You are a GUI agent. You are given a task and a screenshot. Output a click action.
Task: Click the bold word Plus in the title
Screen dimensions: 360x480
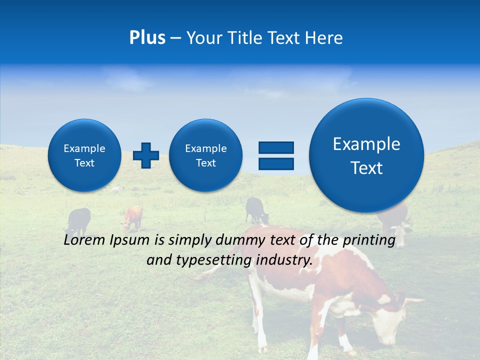147,38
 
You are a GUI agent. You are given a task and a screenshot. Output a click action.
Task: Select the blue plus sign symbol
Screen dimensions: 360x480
146,155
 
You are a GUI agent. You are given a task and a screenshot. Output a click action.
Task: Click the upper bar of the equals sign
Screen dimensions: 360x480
276,147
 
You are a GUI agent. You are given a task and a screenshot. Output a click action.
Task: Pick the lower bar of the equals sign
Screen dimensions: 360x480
276,163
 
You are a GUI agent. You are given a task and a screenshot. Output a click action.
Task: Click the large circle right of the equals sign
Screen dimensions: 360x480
366,155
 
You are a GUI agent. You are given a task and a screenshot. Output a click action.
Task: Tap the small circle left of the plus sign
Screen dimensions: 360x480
84,155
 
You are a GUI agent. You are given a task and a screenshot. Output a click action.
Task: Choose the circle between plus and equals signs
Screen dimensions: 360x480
206,155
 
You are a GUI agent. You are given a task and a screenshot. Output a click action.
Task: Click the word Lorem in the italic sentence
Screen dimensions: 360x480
84,240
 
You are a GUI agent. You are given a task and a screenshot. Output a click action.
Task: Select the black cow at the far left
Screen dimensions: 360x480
79,220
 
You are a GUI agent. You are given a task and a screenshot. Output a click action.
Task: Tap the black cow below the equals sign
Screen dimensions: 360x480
256,209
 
